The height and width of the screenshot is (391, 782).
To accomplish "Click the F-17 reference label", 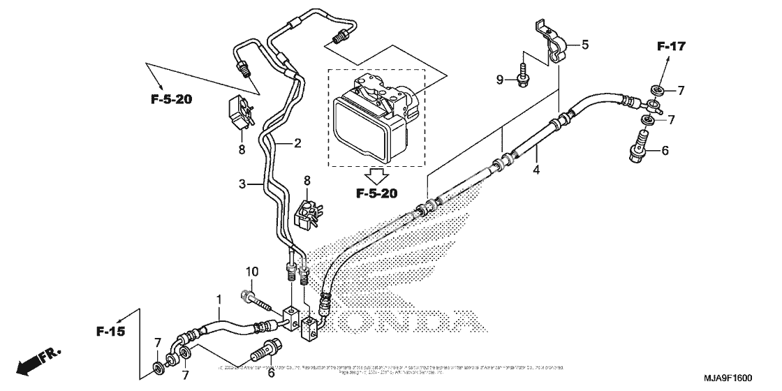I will pyautogui.click(x=671, y=47).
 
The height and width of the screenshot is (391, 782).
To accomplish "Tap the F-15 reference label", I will pyautogui.click(x=111, y=331).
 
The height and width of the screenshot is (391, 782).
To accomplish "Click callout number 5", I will pyautogui.click(x=585, y=45).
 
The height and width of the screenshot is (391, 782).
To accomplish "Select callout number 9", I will pyautogui.click(x=499, y=80).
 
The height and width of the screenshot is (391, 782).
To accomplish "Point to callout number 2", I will pyautogui.click(x=297, y=144).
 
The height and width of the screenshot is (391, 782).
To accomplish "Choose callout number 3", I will pyautogui.click(x=242, y=184).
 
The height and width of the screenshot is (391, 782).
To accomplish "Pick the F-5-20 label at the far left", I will pyautogui.click(x=171, y=99).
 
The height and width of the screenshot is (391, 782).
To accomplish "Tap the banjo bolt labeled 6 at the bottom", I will pyautogui.click(x=266, y=347).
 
